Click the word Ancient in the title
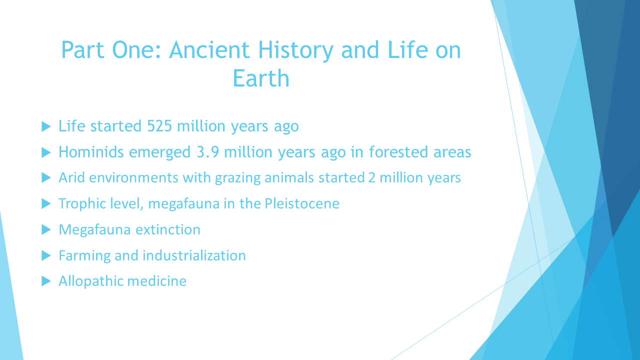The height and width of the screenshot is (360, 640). [209, 49]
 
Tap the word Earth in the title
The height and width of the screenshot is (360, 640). [261, 78]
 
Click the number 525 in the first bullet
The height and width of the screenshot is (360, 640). [159, 126]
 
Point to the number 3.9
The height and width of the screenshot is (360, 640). [208, 152]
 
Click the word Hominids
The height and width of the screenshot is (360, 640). [91, 151]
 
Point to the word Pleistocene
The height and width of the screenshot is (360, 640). [302, 203]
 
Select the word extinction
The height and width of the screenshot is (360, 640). [168, 229]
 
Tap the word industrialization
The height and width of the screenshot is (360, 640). [194, 255]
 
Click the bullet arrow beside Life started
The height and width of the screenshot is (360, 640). [46, 126]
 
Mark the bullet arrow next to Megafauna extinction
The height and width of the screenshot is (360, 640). [46, 229]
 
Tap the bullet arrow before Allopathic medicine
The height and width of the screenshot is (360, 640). [46, 281]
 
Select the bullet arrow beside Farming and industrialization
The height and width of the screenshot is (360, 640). [46, 255]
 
